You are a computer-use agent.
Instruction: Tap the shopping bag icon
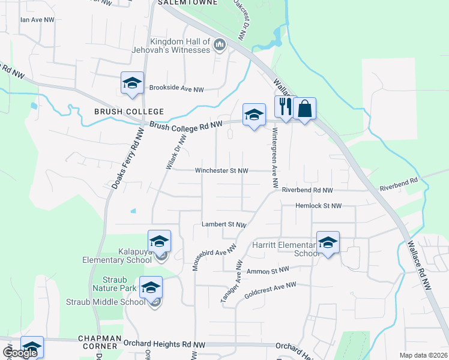click(305, 109)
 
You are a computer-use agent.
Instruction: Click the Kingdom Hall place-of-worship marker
click(220, 44)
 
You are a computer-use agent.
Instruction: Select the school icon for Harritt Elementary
click(328, 243)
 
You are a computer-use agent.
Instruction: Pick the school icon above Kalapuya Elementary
click(159, 242)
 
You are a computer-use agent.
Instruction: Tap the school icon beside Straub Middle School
click(151, 287)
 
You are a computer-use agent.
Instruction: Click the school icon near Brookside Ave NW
click(131, 83)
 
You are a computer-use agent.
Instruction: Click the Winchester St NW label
click(221, 171)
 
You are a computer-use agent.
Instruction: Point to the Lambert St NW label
click(224, 224)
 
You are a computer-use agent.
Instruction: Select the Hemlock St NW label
click(319, 206)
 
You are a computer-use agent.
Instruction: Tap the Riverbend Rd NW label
click(307, 190)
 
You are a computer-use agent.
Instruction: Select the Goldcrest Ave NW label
click(270, 291)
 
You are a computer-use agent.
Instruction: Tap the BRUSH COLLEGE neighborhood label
click(128, 112)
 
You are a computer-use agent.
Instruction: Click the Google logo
click(19, 353)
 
